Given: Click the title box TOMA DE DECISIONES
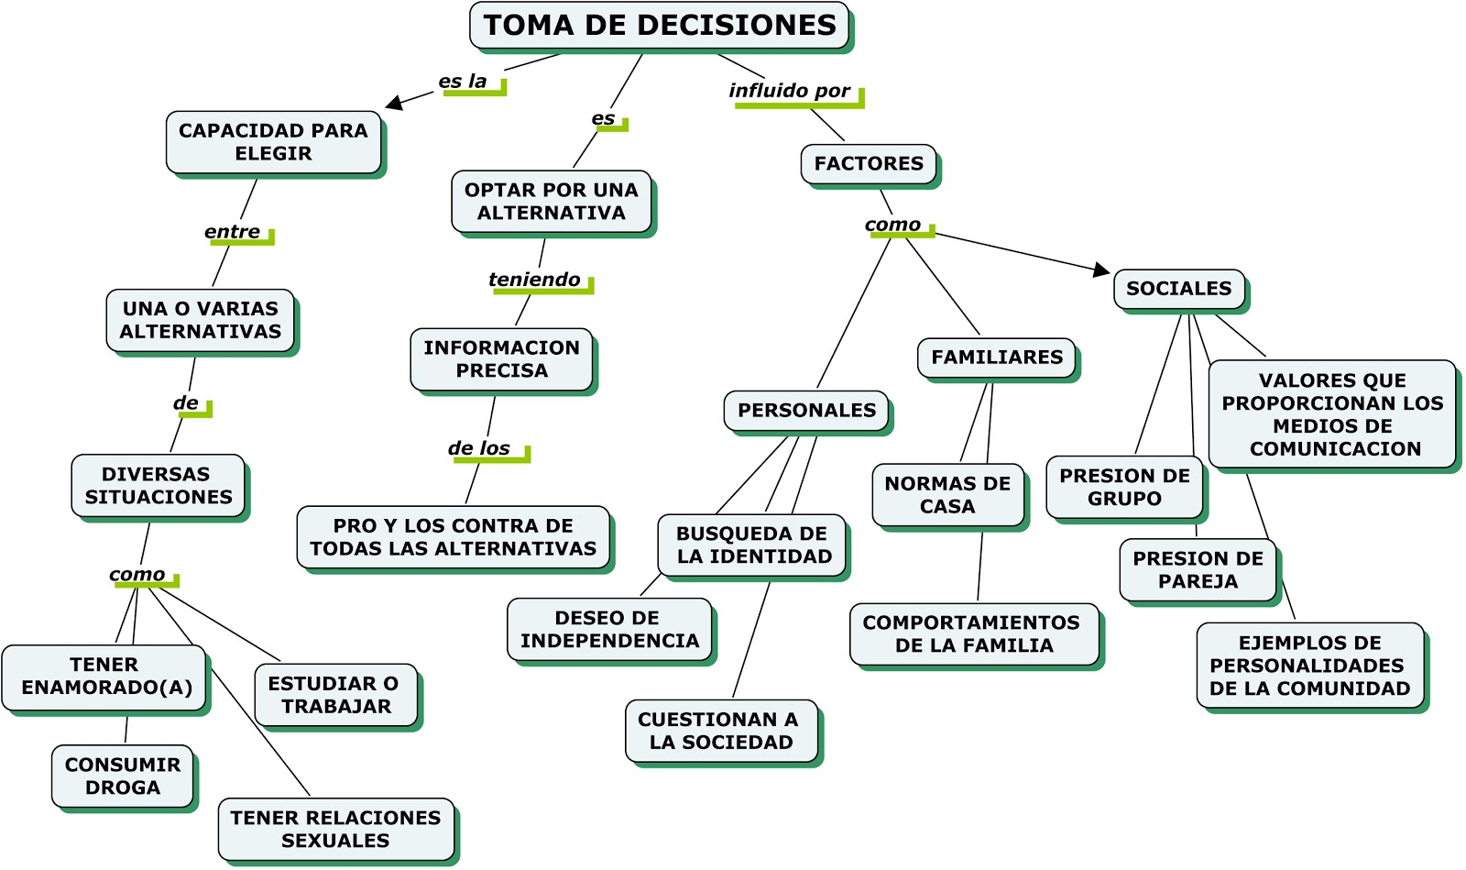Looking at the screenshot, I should click(659, 26).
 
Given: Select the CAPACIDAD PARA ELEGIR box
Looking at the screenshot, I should click(273, 142).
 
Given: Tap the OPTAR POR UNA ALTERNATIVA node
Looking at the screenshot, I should click(551, 202).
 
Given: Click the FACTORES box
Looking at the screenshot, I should click(869, 164).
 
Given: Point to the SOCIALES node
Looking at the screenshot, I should click(1178, 289).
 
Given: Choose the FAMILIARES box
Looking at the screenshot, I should click(997, 358).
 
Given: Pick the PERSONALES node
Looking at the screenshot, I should click(806, 411).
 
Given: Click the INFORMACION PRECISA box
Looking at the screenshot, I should click(501, 359).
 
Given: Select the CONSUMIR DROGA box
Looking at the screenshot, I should click(123, 776).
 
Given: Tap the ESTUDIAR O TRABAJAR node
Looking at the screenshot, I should click(335, 695).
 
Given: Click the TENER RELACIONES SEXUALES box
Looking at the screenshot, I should click(335, 829).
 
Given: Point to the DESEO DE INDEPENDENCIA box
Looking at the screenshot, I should click(609, 630).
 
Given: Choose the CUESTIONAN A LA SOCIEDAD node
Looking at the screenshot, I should click(721, 732).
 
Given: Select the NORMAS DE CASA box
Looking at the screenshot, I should click(947, 495).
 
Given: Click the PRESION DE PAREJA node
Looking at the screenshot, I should click(1198, 570).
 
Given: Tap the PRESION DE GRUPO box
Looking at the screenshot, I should click(1124, 488).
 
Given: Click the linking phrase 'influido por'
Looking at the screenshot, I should click(789, 91).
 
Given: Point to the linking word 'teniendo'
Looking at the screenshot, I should click(534, 280).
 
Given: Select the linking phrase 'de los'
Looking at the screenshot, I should click(479, 448).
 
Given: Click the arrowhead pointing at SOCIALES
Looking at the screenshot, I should click(1101, 270).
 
